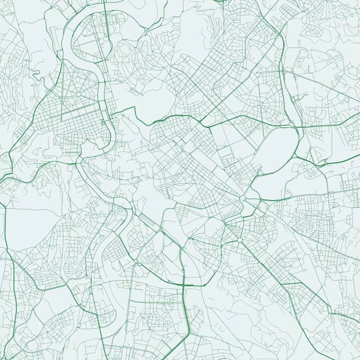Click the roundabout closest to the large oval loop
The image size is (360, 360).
(x=243, y=198)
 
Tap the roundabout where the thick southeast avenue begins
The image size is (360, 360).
(x=239, y=239)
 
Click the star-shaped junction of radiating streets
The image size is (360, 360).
(x=239, y=239)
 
